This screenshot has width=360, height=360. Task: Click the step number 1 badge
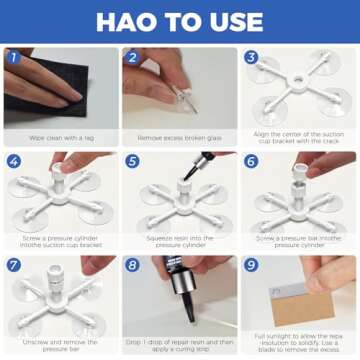coord(13,57)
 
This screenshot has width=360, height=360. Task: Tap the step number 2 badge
coord(132,57)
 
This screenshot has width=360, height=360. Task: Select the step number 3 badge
coord(251,57)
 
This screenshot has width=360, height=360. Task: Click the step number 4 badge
coord(13,161)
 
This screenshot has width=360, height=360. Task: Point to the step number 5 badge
coord(132,161)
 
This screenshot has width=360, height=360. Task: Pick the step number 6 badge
coord(251,161)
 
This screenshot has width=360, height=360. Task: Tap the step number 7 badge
coord(13,265)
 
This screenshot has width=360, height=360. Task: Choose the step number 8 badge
coord(132,265)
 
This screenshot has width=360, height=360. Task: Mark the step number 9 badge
coord(251,265)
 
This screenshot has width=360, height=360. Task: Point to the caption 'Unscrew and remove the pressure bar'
coord(60,343)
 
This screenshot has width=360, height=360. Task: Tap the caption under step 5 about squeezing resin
coord(180,242)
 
